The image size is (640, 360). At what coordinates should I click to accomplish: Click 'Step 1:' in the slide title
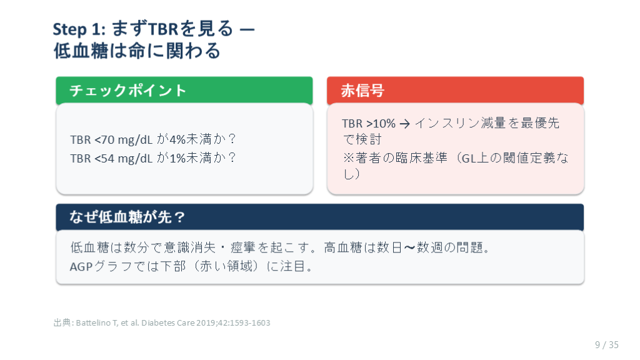tap(79, 29)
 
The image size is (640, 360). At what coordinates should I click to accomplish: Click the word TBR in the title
tap(163, 29)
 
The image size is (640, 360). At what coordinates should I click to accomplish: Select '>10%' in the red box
tap(381, 123)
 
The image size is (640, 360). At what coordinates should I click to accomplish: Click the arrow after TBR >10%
tap(404, 124)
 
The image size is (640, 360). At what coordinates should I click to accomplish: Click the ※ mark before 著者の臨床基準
tap(348, 158)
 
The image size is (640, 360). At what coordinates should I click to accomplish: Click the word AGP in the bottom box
tap(81, 266)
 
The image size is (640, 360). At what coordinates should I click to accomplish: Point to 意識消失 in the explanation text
tap(189, 247)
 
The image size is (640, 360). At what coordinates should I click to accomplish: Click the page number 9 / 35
tap(606, 345)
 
